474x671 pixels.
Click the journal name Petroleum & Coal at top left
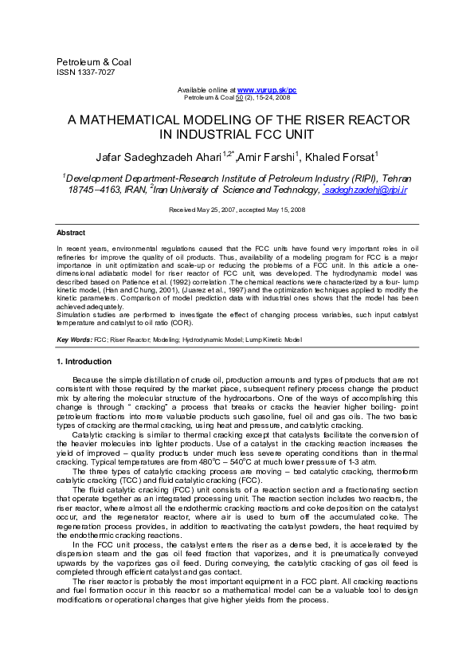pyautogui.click(x=94, y=62)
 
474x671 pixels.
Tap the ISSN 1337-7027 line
pyautogui.click(x=84, y=72)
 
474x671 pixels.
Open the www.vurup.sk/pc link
pyautogui.click(x=267, y=91)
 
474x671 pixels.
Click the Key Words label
pyautogui.click(x=74, y=340)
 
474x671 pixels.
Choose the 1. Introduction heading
pyautogui.click(x=84, y=362)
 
